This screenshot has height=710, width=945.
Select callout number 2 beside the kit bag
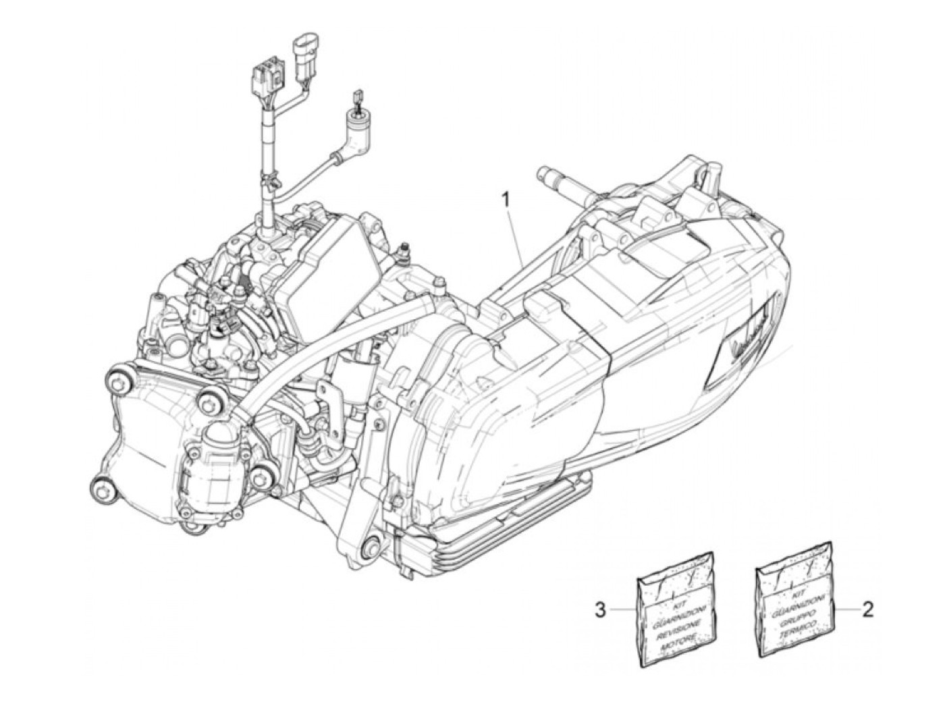pos(869,609)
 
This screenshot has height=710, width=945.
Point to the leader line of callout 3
pos(623,609)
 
